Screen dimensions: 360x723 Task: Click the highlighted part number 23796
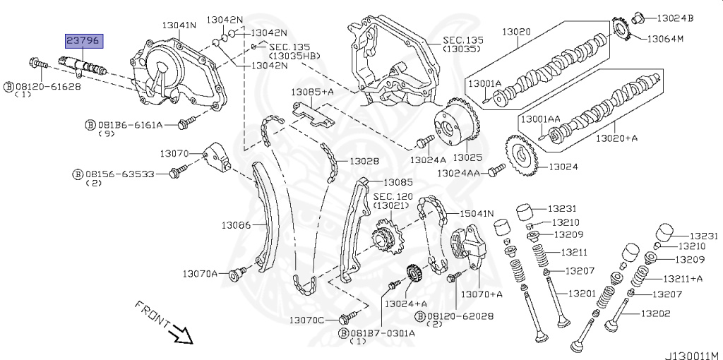point(83,41)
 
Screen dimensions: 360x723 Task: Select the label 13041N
point(179,26)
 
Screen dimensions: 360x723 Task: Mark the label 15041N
point(477,213)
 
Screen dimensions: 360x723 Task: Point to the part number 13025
point(467,156)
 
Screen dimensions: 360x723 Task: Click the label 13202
point(656,313)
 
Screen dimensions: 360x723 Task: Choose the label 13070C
point(306,320)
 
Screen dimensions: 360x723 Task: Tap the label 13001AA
point(541,120)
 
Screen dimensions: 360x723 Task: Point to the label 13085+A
point(313,92)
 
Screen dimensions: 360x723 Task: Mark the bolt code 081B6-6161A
point(129,125)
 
